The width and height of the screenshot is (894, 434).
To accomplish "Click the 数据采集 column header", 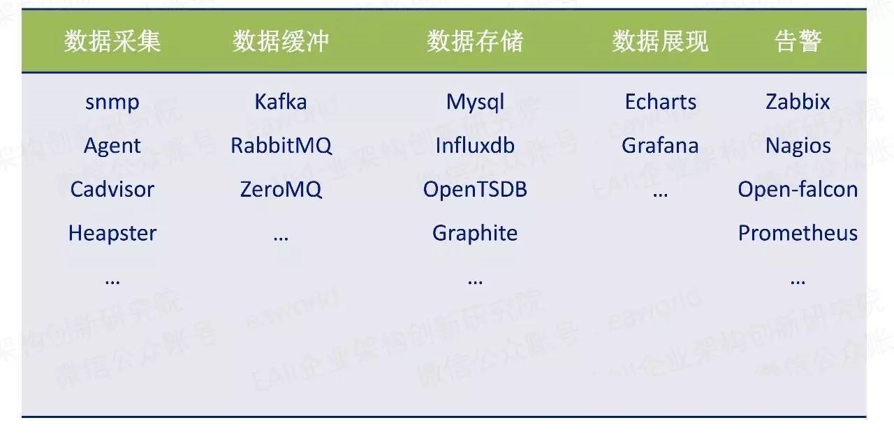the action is [112, 40].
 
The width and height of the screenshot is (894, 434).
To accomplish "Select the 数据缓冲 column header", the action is [281, 40].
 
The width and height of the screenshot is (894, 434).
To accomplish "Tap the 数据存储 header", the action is [475, 40].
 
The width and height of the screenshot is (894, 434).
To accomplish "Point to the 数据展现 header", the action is [661, 40].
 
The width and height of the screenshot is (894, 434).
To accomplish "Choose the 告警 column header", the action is [798, 40].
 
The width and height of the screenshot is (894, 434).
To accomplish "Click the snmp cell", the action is [112, 103].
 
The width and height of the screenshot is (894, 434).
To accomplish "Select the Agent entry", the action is [112, 147].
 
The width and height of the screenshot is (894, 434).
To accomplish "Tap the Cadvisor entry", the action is [112, 189].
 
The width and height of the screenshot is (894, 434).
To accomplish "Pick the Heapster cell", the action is [112, 233].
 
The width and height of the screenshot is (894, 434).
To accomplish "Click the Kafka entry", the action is [281, 101].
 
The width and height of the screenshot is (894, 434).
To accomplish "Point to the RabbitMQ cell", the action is [281, 146].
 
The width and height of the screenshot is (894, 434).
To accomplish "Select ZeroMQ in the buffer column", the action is [281, 190].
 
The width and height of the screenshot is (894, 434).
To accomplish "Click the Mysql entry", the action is [475, 103].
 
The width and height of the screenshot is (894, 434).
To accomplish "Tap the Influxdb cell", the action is [475, 145].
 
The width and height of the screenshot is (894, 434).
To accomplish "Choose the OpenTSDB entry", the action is [475, 190].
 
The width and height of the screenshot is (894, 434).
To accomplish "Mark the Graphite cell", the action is [475, 233].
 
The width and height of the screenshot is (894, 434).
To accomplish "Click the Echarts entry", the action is [661, 101].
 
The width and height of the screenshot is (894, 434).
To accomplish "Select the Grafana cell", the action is [661, 145].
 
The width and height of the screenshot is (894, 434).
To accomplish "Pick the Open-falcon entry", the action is [798, 190].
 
